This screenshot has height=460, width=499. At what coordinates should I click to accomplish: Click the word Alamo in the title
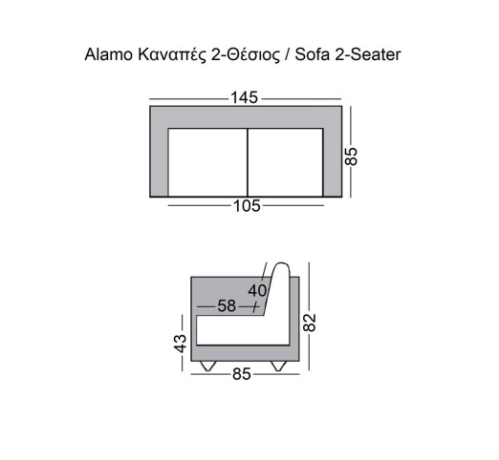108,54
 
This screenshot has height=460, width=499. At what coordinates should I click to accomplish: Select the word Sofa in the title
313,54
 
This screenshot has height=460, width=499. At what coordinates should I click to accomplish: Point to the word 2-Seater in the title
368,54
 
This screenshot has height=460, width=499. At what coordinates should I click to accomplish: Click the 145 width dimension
245,97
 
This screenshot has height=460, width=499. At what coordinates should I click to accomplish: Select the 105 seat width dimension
247,206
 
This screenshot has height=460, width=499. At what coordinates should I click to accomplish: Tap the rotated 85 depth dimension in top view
352,157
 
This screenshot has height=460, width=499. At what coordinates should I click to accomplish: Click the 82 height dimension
309,323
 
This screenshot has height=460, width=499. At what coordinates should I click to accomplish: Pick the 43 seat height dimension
180,344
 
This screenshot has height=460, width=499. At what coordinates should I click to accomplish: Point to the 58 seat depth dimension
227,306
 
